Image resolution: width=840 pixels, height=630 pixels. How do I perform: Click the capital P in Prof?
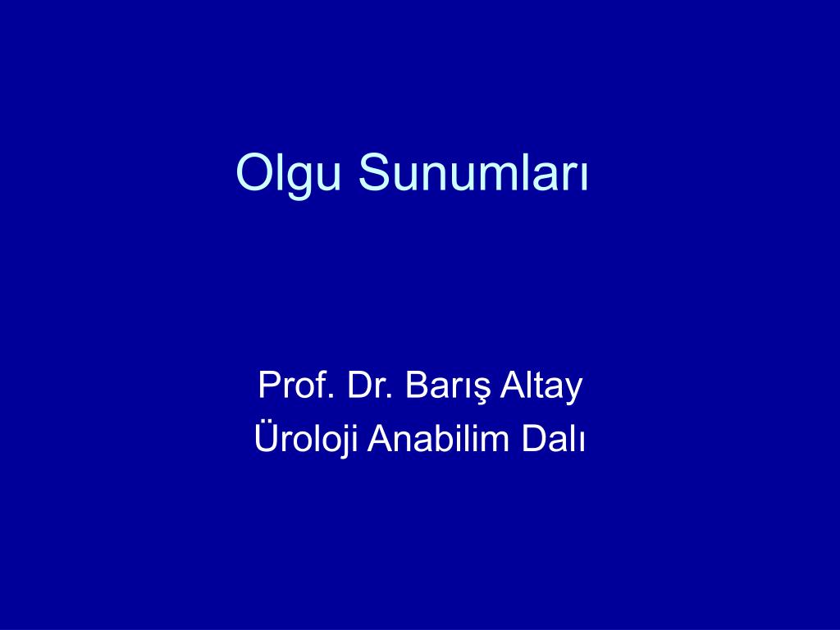268,386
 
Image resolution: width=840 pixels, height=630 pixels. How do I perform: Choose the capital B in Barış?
416,386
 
